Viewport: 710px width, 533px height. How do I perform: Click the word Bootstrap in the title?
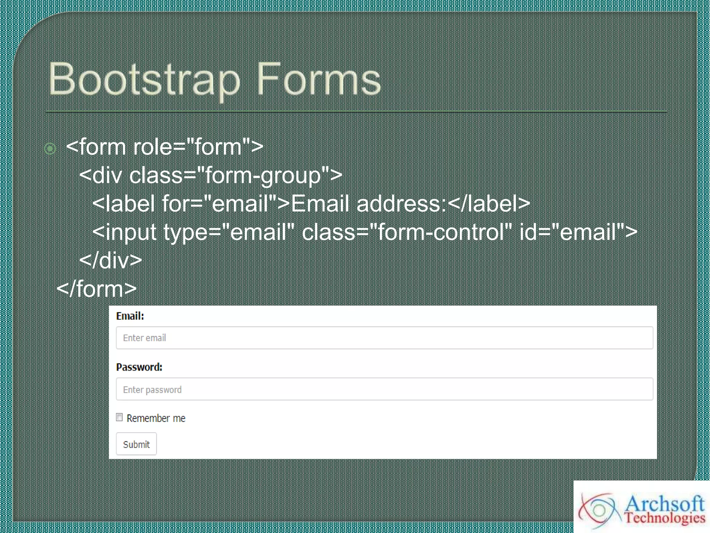[x=144, y=80]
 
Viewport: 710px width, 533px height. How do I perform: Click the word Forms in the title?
[x=318, y=80]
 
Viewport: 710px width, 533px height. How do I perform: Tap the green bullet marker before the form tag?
[x=50, y=149]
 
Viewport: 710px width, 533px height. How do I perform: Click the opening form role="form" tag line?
[x=164, y=147]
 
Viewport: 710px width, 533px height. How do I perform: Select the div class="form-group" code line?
[x=211, y=175]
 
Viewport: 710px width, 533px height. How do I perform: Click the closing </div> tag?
[x=111, y=261]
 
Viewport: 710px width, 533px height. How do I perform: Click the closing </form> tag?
[x=96, y=289]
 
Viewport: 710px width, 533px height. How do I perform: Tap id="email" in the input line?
[x=578, y=232]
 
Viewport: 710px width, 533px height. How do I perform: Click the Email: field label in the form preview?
[x=130, y=316]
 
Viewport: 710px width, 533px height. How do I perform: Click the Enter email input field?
[x=384, y=338]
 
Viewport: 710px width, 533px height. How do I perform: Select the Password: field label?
[x=139, y=367]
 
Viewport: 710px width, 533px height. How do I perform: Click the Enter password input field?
[x=384, y=389]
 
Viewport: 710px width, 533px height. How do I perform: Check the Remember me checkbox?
[x=119, y=417]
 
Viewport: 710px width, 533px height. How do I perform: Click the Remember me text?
[x=156, y=418]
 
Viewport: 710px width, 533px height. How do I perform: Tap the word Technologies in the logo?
[x=665, y=518]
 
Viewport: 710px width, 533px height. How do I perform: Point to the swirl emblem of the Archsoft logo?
[x=598, y=510]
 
